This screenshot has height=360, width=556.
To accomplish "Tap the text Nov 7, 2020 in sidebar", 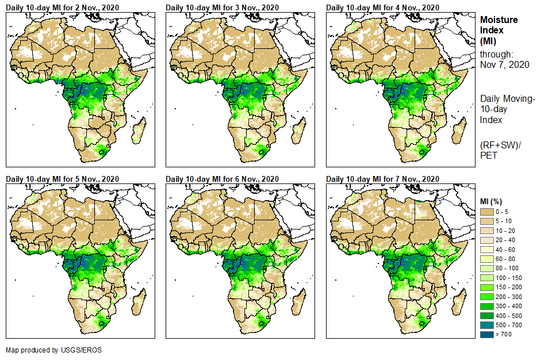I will [x=505, y=64].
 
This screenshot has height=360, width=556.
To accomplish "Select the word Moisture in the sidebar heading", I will [x=499, y=20].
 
